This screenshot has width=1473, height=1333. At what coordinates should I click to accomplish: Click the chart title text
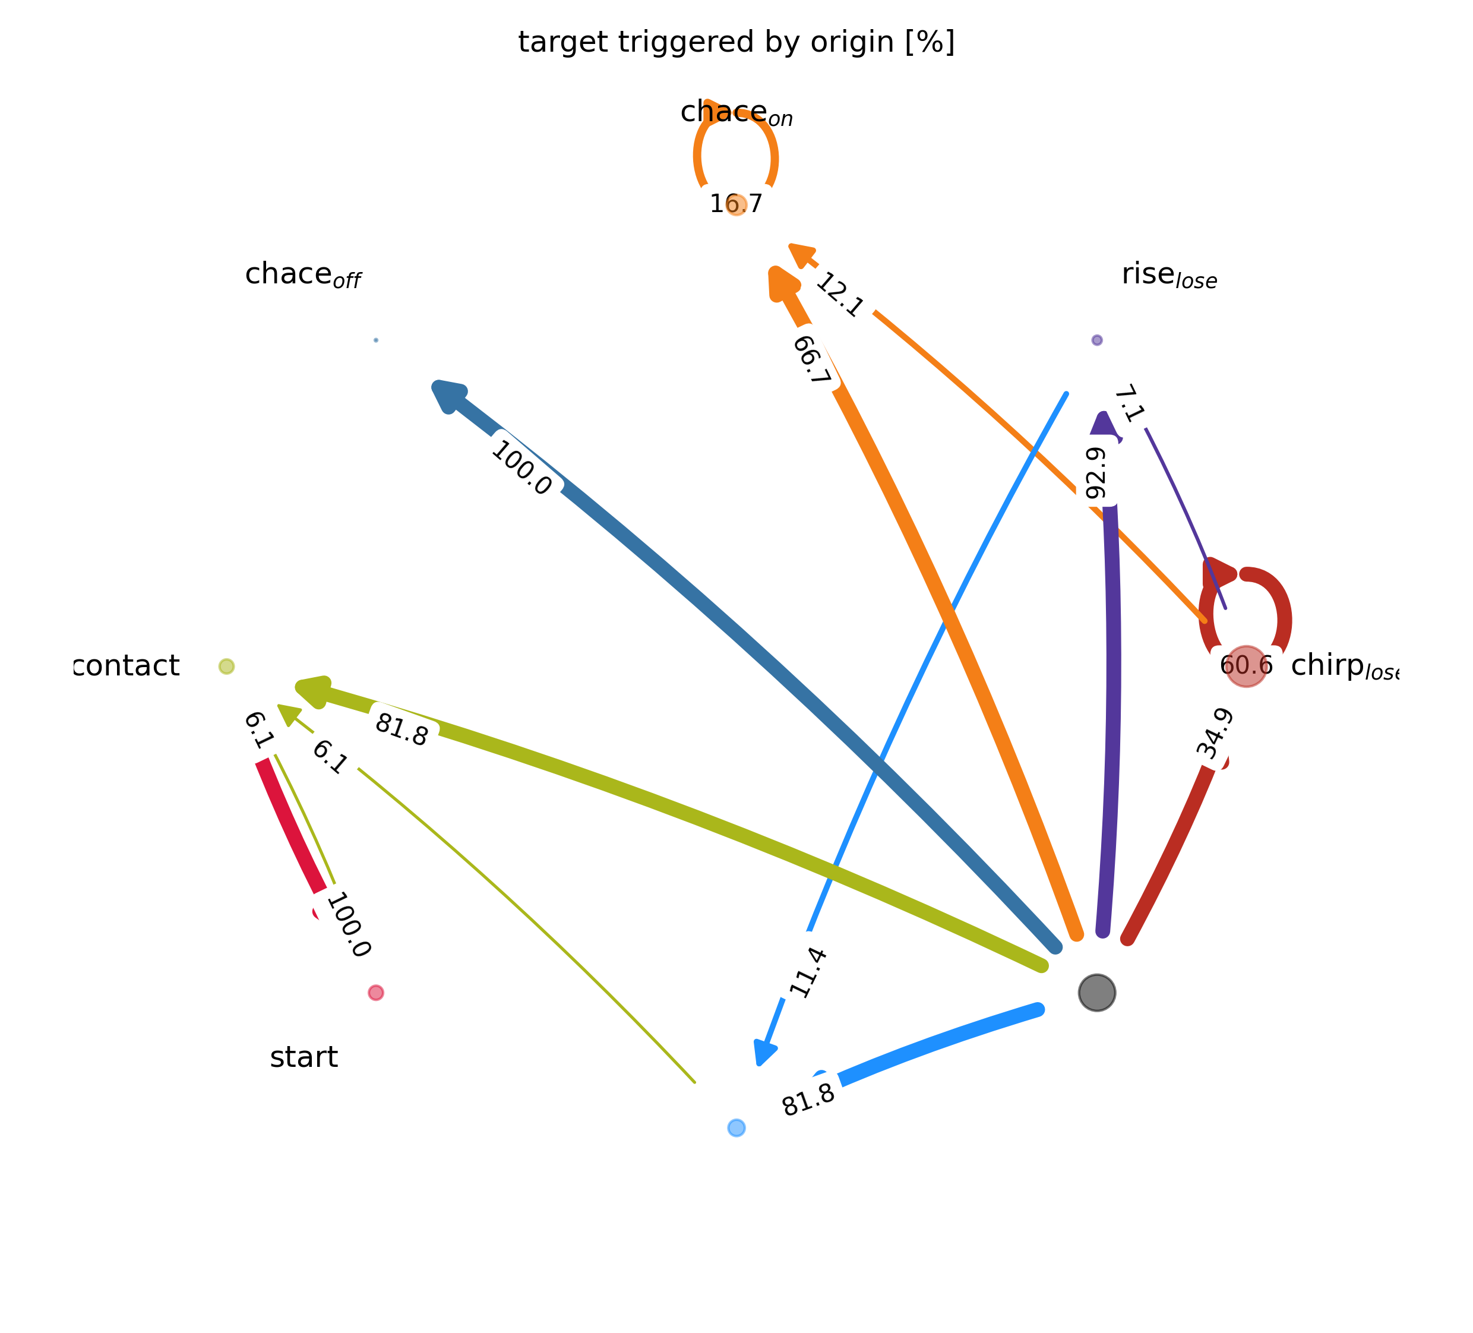pos(736,42)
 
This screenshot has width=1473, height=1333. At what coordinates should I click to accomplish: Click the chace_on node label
pos(736,113)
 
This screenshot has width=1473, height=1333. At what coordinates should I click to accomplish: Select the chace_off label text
pos(302,276)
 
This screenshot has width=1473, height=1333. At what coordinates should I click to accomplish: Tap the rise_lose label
pos(1169,276)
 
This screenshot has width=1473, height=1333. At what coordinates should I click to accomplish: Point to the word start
pos(304,1057)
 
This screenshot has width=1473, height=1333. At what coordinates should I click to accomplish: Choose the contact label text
pos(127,666)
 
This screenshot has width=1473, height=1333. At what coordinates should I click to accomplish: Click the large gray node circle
pos(1096,993)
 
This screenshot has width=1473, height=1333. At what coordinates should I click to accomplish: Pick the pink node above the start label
pos(375,993)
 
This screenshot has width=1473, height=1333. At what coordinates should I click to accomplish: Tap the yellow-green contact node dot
pos(226,666)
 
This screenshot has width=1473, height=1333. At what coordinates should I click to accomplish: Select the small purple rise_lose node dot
pos(1096,340)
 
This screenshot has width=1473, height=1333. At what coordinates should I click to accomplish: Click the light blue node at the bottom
pos(736,1127)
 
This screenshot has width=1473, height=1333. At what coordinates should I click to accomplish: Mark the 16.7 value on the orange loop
pos(736,204)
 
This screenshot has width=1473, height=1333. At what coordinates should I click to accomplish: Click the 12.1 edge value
pos(839,295)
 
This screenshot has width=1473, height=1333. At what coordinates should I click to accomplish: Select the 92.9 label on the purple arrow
pos(1096,473)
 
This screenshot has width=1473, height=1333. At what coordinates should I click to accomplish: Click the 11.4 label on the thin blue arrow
pos(808,972)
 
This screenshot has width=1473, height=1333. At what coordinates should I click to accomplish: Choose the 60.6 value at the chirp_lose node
pos(1246,666)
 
